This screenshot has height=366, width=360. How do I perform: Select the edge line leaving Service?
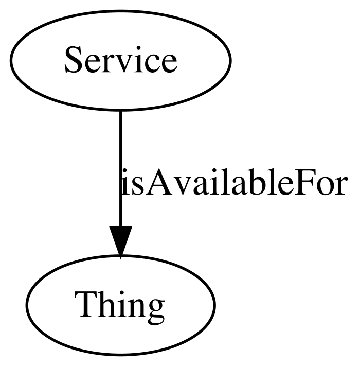click(x=120, y=168)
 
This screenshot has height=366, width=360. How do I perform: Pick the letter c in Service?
click(x=151, y=63)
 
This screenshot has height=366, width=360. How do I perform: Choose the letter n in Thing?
click(x=136, y=308)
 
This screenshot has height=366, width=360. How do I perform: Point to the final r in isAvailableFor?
click(x=340, y=185)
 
